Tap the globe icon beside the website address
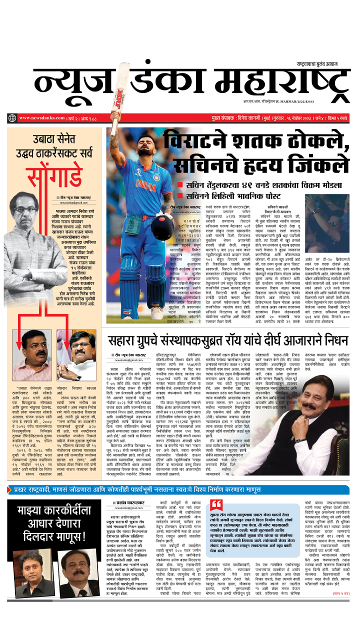click(x=12, y=118)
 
